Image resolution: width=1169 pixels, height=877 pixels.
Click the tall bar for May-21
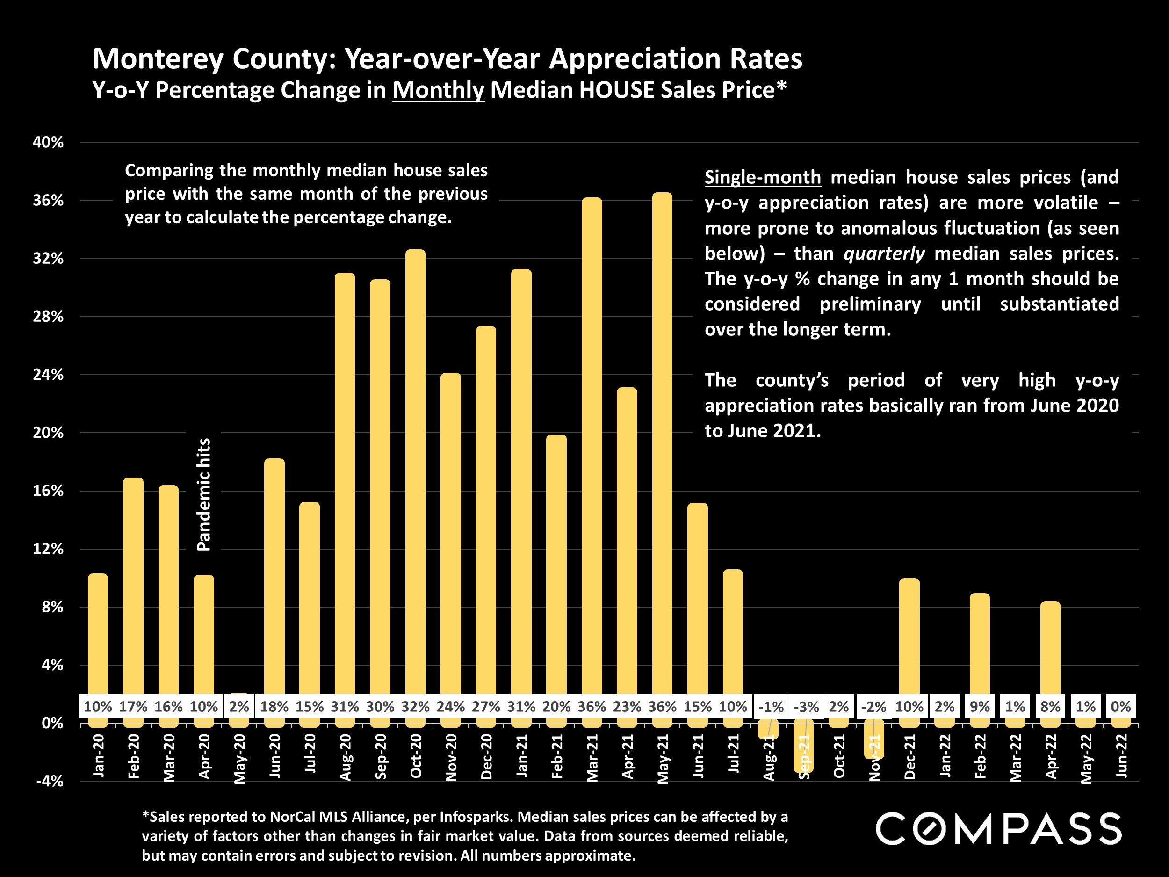662,444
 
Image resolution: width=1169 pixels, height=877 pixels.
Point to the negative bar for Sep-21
803,751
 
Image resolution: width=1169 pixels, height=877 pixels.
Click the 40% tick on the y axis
48,142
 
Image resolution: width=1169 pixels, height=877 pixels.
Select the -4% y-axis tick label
49,781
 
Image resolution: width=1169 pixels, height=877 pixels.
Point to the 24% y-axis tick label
48,375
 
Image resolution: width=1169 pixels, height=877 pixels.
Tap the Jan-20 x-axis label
98,756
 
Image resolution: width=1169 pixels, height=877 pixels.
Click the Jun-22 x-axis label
1121,756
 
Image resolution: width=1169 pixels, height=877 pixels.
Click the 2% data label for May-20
239,707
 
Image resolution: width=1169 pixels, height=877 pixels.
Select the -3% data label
807,707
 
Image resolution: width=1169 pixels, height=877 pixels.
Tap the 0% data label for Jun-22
1121,707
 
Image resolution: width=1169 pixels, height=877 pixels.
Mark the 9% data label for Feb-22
980,707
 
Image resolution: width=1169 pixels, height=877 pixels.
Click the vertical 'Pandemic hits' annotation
204,494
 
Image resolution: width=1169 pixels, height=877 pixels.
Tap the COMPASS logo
998,829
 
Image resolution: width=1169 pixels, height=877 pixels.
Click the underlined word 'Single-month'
763,177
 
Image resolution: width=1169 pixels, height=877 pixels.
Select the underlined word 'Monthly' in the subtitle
438,90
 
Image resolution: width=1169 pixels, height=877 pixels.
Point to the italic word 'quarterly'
884,254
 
